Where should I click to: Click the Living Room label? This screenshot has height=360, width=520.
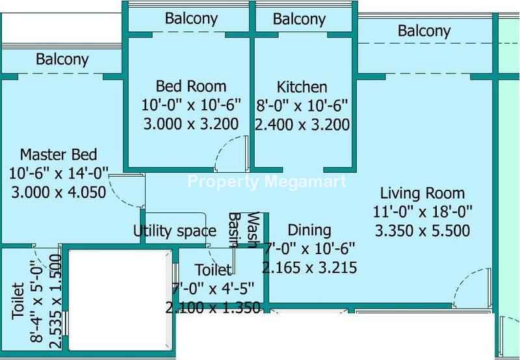[x=422, y=193]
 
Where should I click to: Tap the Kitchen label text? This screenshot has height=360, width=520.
[x=302, y=87]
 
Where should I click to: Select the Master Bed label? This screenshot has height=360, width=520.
[x=58, y=155]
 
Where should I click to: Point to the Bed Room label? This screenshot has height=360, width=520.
[x=191, y=86]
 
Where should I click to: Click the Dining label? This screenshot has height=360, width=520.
[x=309, y=231]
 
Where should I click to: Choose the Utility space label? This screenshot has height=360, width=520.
[x=175, y=231]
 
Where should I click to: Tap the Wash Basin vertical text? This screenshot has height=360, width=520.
[x=244, y=230]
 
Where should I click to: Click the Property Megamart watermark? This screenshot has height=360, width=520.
[x=267, y=182]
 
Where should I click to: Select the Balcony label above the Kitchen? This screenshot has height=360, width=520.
[x=300, y=19]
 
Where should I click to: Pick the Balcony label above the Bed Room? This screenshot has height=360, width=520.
[x=191, y=19]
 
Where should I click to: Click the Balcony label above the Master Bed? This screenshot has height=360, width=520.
[x=62, y=60]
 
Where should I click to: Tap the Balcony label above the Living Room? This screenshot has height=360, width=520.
[x=424, y=31]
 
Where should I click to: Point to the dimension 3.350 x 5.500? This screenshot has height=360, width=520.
[x=422, y=231]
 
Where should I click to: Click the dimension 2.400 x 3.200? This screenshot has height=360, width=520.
[x=302, y=125]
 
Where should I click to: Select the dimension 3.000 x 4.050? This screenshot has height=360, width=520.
[x=58, y=192]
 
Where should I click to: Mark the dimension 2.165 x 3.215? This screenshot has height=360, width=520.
[x=309, y=268]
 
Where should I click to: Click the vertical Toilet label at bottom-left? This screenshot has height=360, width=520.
[x=18, y=301]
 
